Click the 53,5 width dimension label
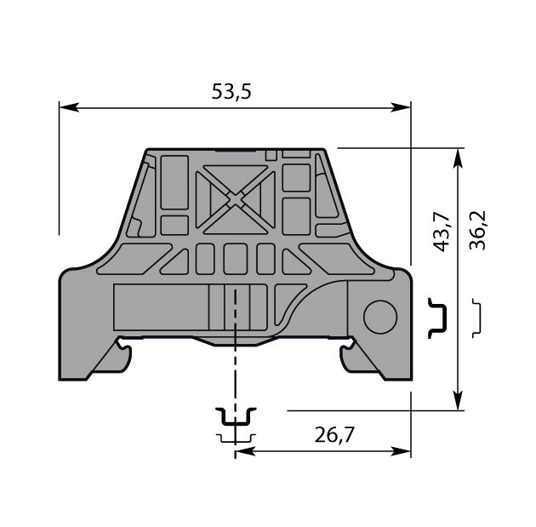click(x=231, y=92)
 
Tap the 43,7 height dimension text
click(x=441, y=232)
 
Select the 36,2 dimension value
click(x=477, y=230)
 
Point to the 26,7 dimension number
click(x=334, y=435)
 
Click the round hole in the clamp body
click(x=380, y=317)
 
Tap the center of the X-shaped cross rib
click(x=235, y=200)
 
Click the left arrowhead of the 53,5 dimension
click(x=69, y=107)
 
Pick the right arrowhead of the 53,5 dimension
click(x=401, y=107)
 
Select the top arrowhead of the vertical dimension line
click(x=458, y=158)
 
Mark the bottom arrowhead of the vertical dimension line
click(x=458, y=400)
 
